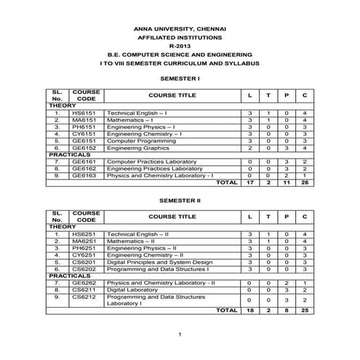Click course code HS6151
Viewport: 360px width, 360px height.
pos(84,113)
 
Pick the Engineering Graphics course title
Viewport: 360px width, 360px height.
pos(135,147)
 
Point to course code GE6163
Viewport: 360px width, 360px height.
pos(84,175)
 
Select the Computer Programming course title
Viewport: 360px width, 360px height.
pos(137,140)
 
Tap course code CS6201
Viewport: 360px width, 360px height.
pos(84,262)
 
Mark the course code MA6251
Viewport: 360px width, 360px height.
pos(84,241)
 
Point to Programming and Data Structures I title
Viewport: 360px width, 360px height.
pos(156,268)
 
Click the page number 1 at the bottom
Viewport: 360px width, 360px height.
pos(180,334)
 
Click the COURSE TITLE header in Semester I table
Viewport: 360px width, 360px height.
pos(172,95)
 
